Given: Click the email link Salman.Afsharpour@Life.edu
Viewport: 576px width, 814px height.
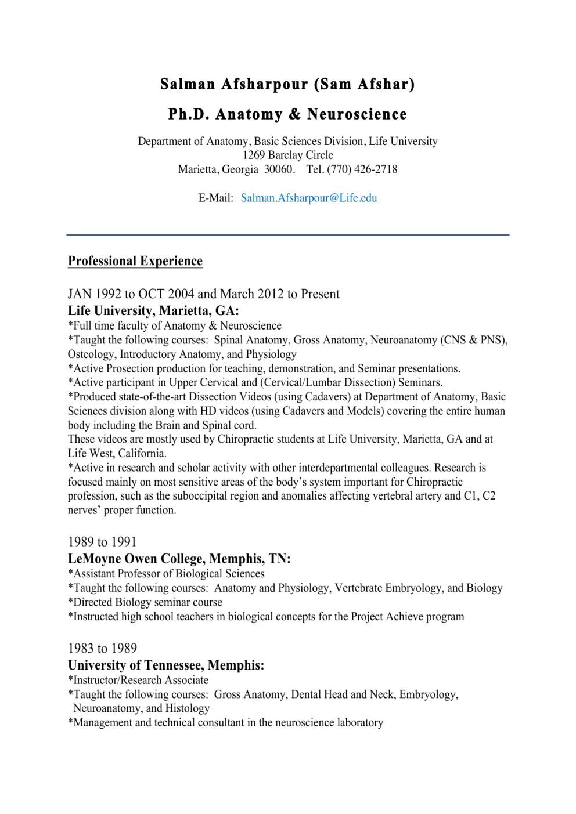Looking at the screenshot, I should click(309, 198).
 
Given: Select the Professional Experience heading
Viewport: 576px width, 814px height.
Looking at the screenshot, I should click(135, 261).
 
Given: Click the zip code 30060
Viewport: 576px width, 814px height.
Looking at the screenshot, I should click(278, 169).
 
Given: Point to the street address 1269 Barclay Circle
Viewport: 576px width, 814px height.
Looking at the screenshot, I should click(288, 155).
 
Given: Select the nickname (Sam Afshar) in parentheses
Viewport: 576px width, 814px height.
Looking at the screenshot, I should click(364, 85).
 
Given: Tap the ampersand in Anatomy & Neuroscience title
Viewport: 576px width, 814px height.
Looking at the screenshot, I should click(295, 114).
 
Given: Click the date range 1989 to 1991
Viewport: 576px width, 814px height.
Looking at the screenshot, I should click(102, 542).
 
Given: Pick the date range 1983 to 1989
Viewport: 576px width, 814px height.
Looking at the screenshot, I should click(102, 649).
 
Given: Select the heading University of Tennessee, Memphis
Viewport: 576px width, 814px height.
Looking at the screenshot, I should click(166, 665).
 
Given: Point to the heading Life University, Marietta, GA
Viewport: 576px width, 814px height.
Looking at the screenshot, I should click(153, 311).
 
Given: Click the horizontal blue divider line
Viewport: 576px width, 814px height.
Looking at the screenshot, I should click(288, 235).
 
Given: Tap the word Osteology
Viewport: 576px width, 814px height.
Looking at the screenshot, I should click(91, 354).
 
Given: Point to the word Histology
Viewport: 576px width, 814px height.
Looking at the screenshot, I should click(187, 708).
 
